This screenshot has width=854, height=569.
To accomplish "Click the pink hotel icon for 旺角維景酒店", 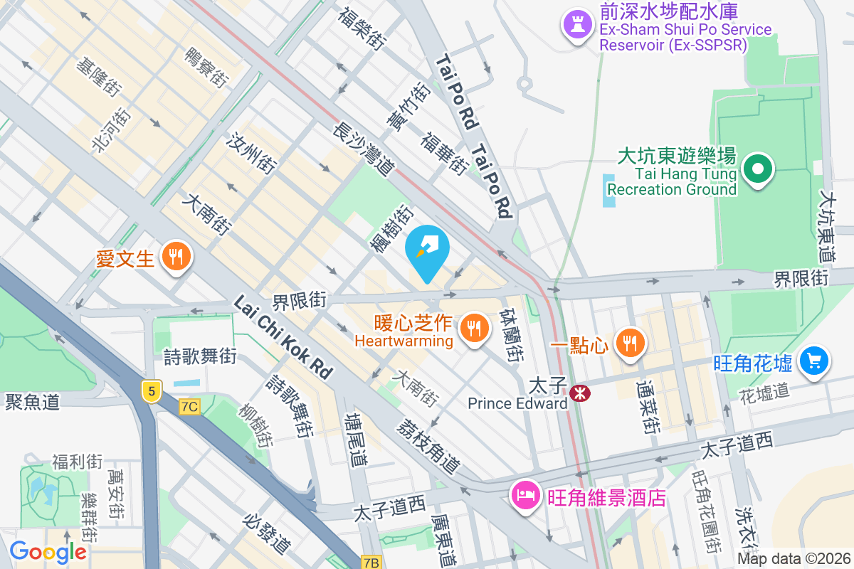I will pyautogui.click(x=525, y=494).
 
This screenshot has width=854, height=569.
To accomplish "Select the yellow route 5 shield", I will pyautogui.click(x=152, y=390).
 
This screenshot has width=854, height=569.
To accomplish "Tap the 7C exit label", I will pyautogui.click(x=190, y=406).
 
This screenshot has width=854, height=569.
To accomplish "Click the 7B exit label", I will pyautogui.click(x=371, y=562).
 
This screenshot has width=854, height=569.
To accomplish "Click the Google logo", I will pyautogui.click(x=48, y=551).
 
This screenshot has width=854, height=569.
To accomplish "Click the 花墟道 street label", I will pyautogui.click(x=764, y=390).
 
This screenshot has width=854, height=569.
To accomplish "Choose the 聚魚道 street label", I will pyautogui.click(x=32, y=402).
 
